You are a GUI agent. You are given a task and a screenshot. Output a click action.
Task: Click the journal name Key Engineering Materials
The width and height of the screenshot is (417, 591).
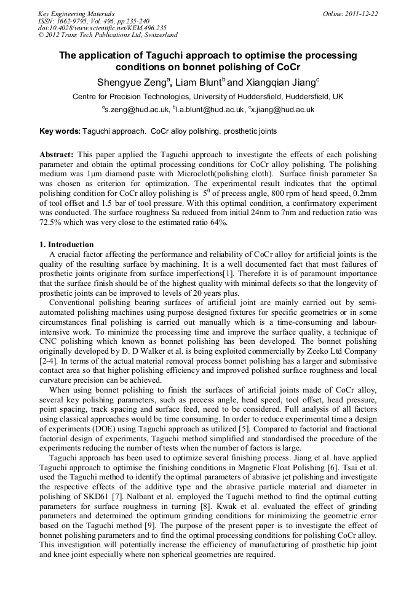point(76,13)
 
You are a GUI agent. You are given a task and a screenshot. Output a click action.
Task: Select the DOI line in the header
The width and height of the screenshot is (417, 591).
point(102,28)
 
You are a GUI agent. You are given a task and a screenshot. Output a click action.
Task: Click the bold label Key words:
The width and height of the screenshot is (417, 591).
point(60,131)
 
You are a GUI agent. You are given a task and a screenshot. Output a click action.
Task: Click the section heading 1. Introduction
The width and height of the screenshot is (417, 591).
point(66,245)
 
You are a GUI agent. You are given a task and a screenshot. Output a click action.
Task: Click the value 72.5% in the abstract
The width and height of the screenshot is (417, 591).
point(52,222)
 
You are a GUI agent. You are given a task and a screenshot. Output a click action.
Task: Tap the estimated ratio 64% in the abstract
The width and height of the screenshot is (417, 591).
point(218,222)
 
